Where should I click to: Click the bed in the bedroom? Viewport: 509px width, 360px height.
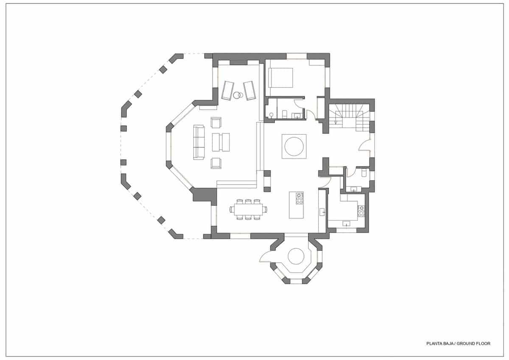280,78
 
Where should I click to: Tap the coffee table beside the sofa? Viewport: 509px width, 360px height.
221,142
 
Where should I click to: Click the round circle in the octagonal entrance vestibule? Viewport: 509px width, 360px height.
296,256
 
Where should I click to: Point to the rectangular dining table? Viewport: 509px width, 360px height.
248,208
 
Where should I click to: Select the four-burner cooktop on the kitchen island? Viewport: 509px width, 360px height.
299,198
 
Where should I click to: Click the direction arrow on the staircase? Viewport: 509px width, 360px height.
336,122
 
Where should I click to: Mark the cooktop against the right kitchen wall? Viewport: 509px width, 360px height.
361,210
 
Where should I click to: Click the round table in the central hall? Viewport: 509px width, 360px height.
294,146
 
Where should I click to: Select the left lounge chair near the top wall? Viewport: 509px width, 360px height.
227,90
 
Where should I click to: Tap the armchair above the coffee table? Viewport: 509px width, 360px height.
216,123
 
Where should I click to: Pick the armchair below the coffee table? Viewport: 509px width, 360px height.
216,163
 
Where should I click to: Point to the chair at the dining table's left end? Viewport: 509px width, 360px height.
231,208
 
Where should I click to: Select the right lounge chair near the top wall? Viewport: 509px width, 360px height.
249,90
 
